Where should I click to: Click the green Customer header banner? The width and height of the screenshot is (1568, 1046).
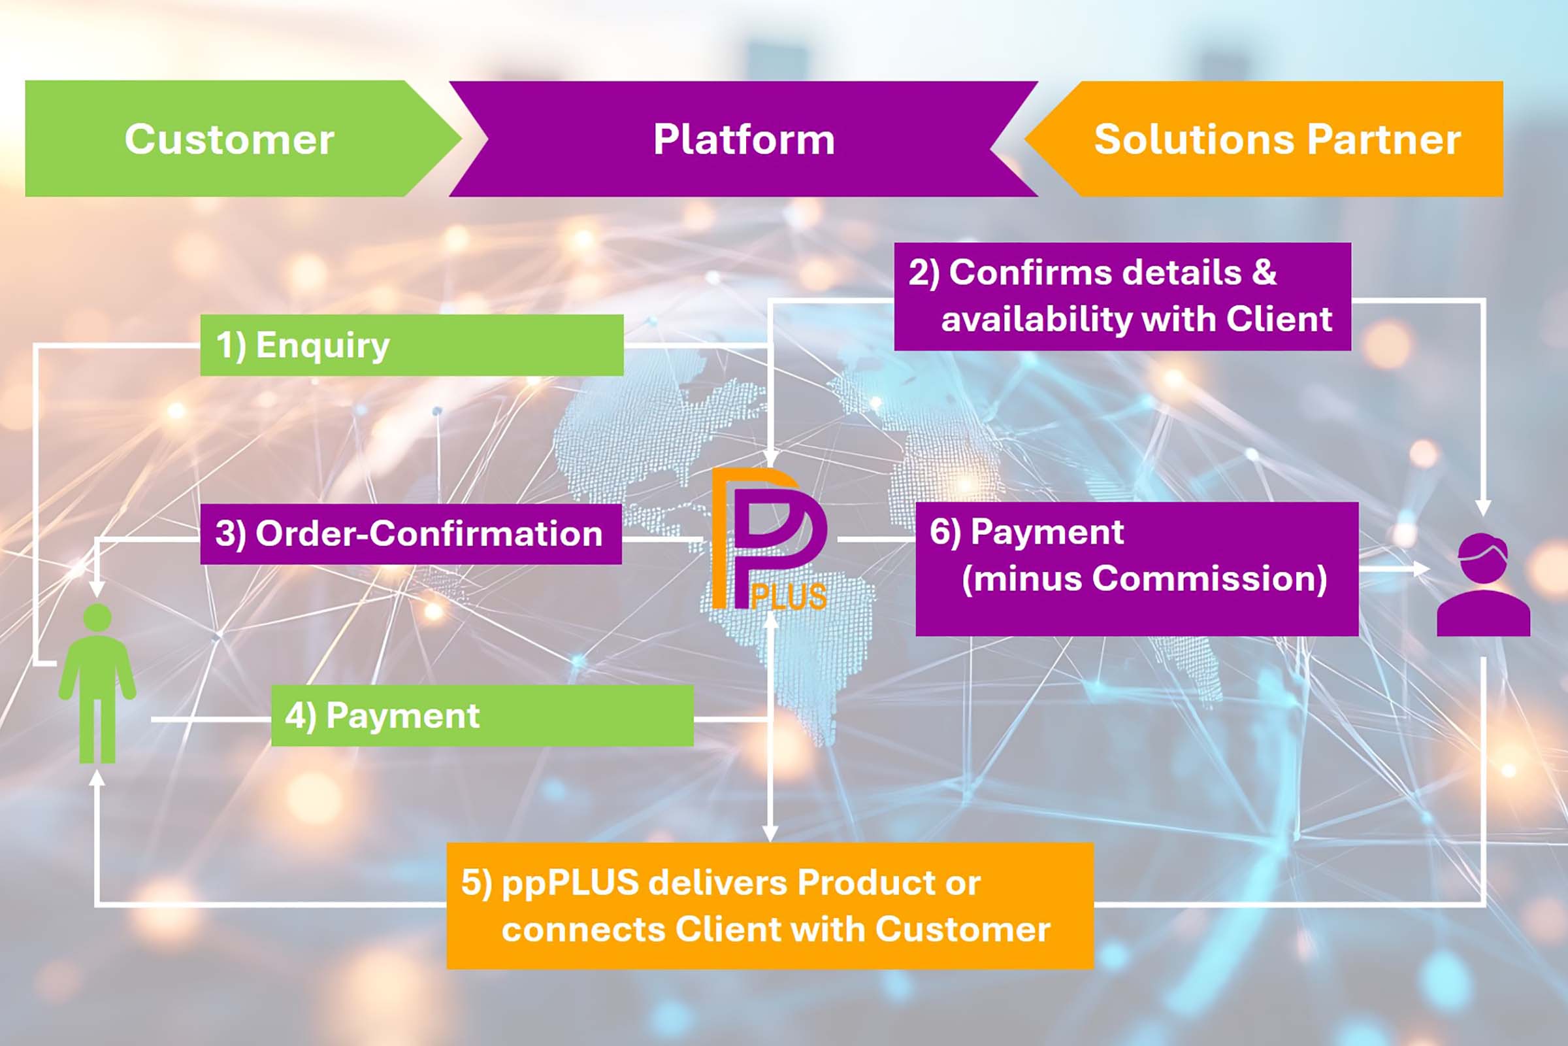click(x=229, y=139)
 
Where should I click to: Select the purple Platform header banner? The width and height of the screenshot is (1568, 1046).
click(x=743, y=139)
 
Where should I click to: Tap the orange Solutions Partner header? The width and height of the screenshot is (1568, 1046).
click(x=1277, y=139)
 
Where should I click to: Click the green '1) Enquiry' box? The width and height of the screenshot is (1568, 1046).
click(x=412, y=345)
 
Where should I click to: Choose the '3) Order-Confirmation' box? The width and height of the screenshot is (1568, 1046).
click(x=411, y=533)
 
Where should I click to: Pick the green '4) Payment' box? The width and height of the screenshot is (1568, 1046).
click(x=482, y=716)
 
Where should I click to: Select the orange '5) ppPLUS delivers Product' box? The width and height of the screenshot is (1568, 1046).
click(x=770, y=905)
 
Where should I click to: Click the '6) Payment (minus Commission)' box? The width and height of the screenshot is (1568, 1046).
click(x=1137, y=568)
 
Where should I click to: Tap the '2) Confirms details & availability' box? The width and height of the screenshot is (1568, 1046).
click(x=1122, y=296)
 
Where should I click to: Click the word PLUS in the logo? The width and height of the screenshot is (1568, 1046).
click(x=789, y=596)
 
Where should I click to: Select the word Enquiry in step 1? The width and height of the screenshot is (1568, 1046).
click(x=323, y=346)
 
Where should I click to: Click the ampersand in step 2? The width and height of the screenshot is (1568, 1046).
click(x=1264, y=272)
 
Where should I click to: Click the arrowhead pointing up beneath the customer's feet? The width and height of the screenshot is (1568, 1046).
click(x=97, y=777)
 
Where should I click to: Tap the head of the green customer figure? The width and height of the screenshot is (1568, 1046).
click(x=97, y=617)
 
